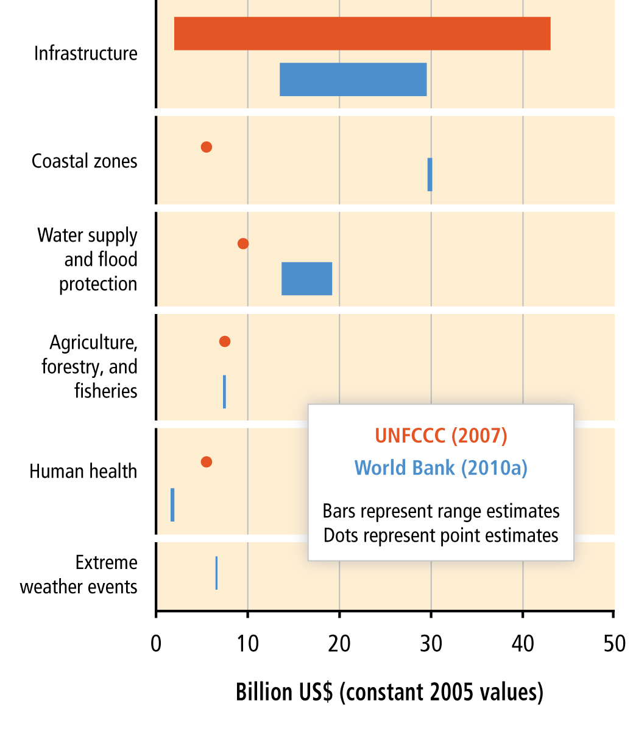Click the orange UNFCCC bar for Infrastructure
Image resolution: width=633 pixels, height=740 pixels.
[x=362, y=33]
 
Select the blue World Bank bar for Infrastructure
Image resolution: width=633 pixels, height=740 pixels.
[x=353, y=79]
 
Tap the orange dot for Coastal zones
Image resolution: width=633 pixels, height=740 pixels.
[x=207, y=147]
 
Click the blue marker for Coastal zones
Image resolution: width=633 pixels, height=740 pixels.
[x=430, y=175]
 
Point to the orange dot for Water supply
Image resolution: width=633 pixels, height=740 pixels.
[x=243, y=243]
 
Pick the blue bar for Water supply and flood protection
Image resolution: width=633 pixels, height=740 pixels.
[x=306, y=279]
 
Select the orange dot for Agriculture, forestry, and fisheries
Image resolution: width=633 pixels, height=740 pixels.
[x=225, y=341]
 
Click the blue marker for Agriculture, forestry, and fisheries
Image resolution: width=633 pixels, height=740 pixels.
[x=224, y=391]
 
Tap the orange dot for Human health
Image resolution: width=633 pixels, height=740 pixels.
[x=207, y=462]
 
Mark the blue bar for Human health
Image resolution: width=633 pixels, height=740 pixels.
[x=172, y=504]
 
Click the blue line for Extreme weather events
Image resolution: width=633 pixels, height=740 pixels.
[x=216, y=573]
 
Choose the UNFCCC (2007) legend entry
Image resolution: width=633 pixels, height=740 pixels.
[x=440, y=436]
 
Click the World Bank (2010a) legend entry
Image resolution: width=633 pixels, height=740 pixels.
[x=440, y=468]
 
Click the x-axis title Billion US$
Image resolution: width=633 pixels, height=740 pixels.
[x=389, y=693]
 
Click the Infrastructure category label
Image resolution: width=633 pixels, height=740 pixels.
[x=86, y=54]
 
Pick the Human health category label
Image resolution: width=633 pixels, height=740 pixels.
[x=83, y=472]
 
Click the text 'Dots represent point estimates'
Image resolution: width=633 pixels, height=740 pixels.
[x=440, y=536]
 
